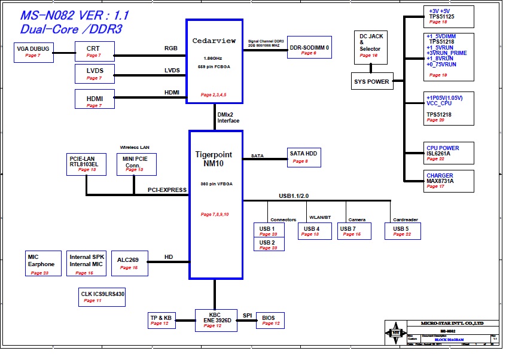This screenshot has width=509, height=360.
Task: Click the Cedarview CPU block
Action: (x=215, y=62)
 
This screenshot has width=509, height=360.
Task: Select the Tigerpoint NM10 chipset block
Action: (x=216, y=204)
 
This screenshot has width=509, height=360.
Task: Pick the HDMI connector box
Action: (x=95, y=99)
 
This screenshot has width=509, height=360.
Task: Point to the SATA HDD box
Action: (x=304, y=157)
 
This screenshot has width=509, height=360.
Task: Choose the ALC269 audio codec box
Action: (x=129, y=263)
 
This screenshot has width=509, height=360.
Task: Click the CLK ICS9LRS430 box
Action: (x=102, y=297)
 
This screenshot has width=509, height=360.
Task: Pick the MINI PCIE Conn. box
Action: (x=136, y=164)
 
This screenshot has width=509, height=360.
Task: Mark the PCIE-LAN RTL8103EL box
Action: (x=87, y=164)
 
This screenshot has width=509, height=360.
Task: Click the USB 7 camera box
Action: (x=353, y=231)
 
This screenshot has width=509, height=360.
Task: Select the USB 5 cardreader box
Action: (x=403, y=231)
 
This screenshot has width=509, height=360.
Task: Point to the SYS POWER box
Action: (x=372, y=81)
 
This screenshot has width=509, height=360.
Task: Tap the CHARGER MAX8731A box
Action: (x=449, y=181)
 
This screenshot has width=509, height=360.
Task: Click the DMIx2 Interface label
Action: (x=228, y=118)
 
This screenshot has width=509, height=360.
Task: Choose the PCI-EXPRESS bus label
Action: (x=167, y=190)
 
